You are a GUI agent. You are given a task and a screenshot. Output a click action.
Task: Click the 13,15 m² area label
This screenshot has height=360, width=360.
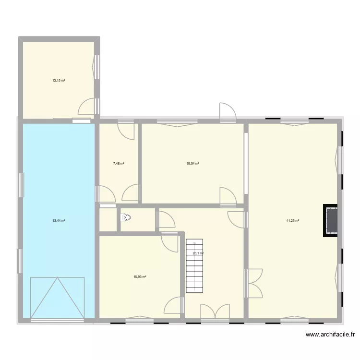[x=59, y=80]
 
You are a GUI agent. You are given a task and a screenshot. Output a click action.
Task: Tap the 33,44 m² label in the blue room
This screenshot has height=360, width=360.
[x=59, y=221]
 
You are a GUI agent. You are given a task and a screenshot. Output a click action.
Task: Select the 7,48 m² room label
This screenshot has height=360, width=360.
[x=119, y=164]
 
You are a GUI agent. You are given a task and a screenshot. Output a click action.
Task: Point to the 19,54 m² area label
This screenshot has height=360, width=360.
[x=192, y=164]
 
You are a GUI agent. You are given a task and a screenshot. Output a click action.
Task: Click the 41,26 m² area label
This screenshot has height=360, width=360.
[x=293, y=221]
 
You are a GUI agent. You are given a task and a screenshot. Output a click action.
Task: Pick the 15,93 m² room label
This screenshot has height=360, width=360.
[x=140, y=276]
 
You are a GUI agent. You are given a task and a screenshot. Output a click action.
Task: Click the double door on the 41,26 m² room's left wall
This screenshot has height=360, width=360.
[x=254, y=284]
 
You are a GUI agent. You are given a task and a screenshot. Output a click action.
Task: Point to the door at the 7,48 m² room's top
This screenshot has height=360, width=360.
[x=127, y=130]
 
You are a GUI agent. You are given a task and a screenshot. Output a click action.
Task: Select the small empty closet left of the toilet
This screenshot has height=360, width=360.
[x=108, y=220]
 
